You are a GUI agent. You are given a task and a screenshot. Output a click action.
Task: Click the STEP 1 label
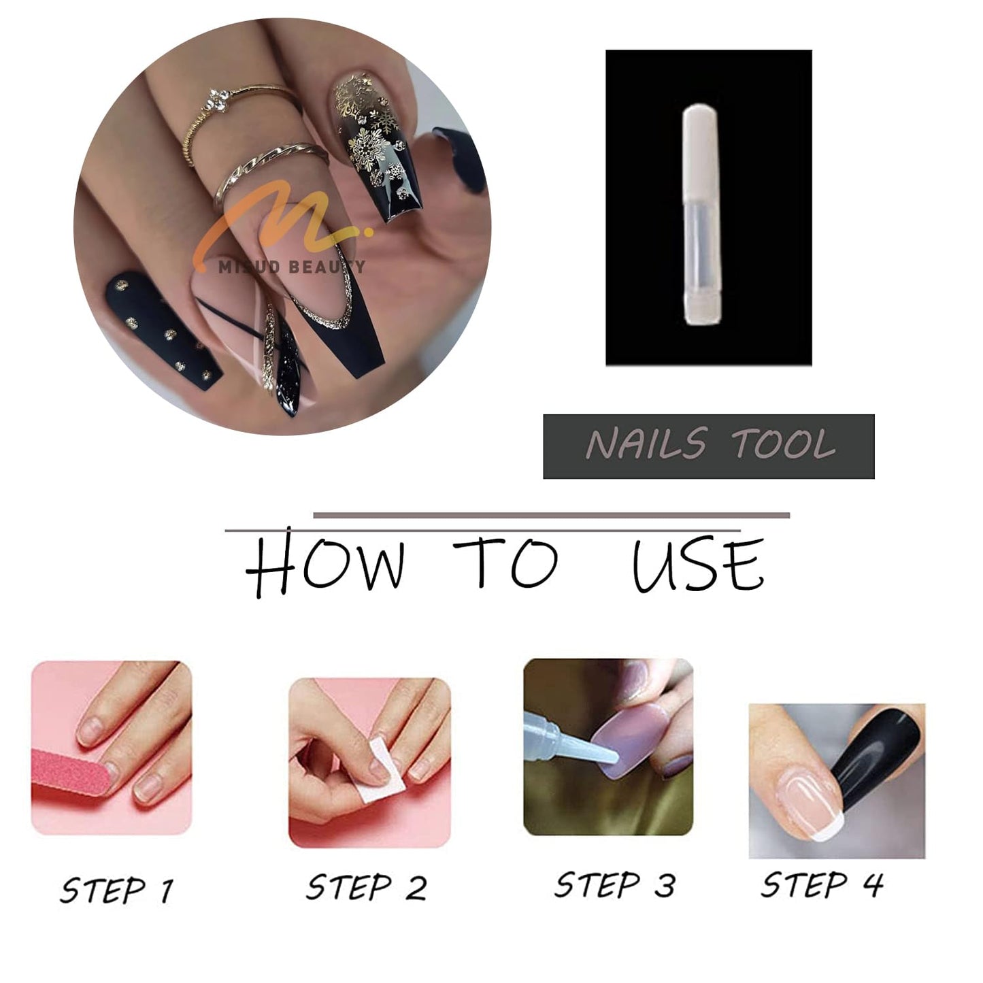[116, 890]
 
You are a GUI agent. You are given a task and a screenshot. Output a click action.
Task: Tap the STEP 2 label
[367, 888]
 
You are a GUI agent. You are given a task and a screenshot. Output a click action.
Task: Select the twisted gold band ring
[272, 163]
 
